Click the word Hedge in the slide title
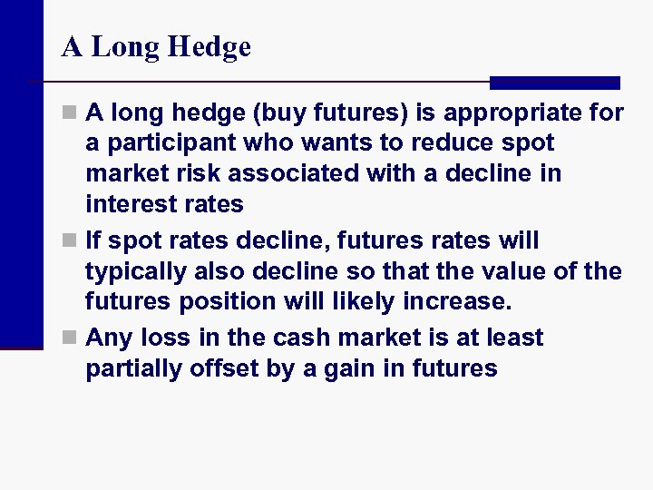pos(210,47)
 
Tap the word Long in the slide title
pos(126,47)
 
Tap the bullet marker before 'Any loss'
pos(72,339)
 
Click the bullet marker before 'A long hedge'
pos(72,114)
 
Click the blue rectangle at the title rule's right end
pos(554,83)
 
